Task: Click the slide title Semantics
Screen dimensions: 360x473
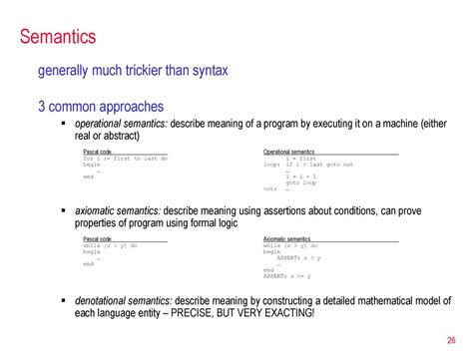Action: click(59, 37)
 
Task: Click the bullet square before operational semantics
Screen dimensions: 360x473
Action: click(64, 124)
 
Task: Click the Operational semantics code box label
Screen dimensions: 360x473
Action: click(288, 152)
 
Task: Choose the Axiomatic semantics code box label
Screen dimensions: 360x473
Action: click(285, 240)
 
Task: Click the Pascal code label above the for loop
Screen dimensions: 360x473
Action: click(98, 152)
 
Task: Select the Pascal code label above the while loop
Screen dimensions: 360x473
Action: click(98, 240)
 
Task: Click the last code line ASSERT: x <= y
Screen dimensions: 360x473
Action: click(288, 276)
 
